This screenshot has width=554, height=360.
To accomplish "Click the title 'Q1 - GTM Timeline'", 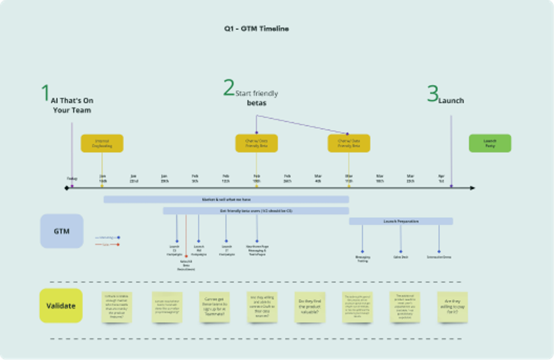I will pos(253,29).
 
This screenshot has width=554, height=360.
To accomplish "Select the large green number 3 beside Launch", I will pos(432,94).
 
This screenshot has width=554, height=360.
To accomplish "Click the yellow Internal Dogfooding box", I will pos(102,143).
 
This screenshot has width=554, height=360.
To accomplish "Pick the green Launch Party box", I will pos(490,143).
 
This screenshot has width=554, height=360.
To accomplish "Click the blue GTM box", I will pos(61,231).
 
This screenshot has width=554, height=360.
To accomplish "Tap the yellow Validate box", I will pos(61,305).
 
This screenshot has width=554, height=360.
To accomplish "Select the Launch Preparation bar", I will pos(401,221).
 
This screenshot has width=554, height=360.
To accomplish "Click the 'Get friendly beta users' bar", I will pos(255,211).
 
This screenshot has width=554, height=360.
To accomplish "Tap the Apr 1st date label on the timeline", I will pos(441,178).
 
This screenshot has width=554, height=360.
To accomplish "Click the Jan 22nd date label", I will pos(134,178).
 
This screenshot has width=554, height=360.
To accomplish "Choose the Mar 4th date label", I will pos(317,178).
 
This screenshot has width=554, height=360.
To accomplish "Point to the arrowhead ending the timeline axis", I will pos(473,188).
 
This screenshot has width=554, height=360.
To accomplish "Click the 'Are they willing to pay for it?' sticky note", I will pos(452,307).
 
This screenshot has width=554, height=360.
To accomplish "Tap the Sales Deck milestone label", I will pos(401,257).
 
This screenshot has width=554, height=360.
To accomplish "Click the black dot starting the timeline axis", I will pos(66,188).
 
